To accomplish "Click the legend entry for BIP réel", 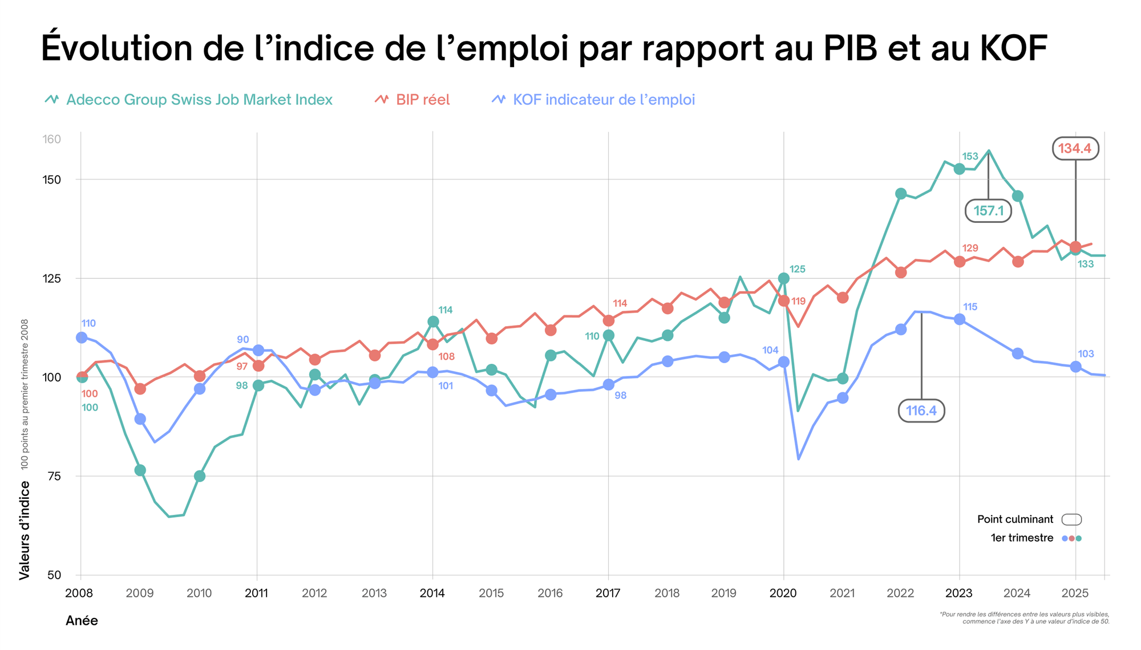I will (412, 100).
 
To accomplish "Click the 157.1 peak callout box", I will (988, 211).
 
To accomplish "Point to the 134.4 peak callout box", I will (1075, 149).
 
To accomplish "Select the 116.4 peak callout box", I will (921, 411).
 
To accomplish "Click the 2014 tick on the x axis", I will (432, 593).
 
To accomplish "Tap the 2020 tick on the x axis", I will (783, 593).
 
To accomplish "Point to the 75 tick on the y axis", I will (54, 476).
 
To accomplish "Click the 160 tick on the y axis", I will (52, 139).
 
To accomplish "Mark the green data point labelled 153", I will (959, 169).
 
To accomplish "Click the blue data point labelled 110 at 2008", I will (82, 338).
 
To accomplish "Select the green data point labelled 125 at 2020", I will (783, 278).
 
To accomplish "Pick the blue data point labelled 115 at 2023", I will (959, 319).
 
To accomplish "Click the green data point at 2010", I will (200, 476).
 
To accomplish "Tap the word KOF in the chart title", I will (1013, 48).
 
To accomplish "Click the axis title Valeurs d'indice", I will (24, 530).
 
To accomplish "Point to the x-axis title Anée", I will (82, 621).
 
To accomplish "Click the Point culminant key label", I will (1015, 519).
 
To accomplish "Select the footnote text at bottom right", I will (1024, 618).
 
